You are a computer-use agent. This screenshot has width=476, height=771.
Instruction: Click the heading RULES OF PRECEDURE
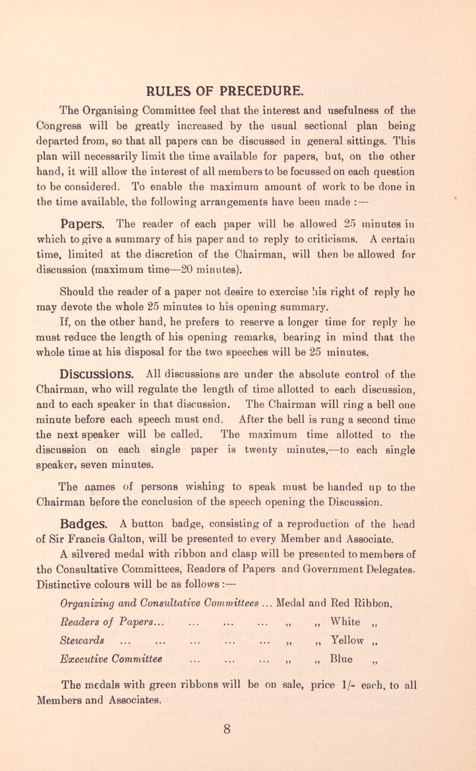point(238,92)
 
